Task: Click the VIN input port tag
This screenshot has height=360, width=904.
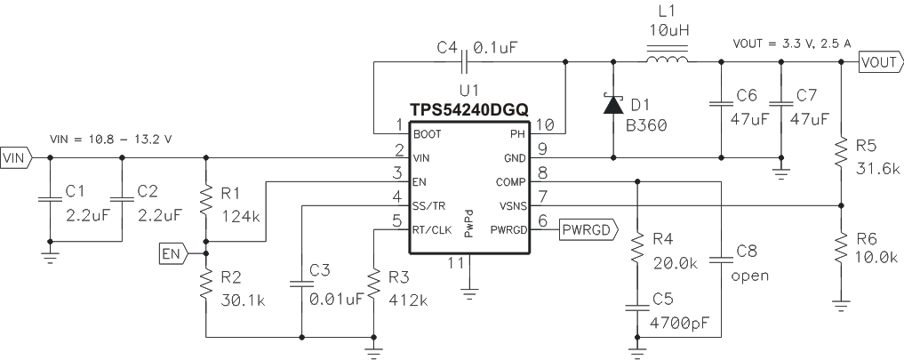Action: [x=16, y=158]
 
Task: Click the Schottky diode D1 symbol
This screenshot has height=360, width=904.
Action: [x=613, y=106]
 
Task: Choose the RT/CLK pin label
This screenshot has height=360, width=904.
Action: [x=430, y=229]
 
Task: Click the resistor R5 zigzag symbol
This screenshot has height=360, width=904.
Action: [x=841, y=154]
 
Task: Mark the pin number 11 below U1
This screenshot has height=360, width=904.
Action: [x=455, y=264]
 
